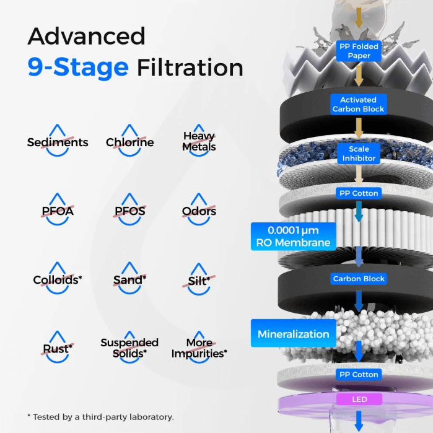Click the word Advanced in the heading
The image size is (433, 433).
pyautogui.click(x=87, y=36)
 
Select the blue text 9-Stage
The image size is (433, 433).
pyautogui.click(x=78, y=68)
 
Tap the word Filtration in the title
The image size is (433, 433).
pyautogui.click(x=190, y=68)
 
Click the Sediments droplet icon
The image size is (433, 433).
pyautogui.click(x=58, y=140)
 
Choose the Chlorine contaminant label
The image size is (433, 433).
pyautogui.click(x=130, y=142)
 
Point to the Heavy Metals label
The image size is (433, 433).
pyautogui.click(x=199, y=141)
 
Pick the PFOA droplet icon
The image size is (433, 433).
pyautogui.click(x=58, y=209)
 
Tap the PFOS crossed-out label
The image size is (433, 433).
pyautogui.click(x=130, y=211)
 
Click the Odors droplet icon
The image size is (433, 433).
pyautogui.click(x=199, y=209)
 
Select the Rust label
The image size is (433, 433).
pyautogui.click(x=58, y=349)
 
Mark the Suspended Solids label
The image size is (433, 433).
pyautogui.click(x=129, y=348)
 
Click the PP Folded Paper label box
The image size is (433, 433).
pyautogui.click(x=359, y=51)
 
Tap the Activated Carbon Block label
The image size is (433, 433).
pyautogui.click(x=359, y=105)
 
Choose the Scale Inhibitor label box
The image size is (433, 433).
pyautogui.click(x=359, y=154)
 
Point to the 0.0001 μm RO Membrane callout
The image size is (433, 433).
pyautogui.click(x=293, y=237)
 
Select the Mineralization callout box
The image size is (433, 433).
pyautogui.click(x=293, y=333)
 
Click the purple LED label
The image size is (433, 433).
pyautogui.click(x=359, y=399)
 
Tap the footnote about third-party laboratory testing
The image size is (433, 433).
pyautogui.click(x=101, y=417)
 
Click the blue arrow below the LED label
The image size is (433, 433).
pyautogui.click(x=359, y=421)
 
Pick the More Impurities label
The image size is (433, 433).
pyautogui.click(x=199, y=348)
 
